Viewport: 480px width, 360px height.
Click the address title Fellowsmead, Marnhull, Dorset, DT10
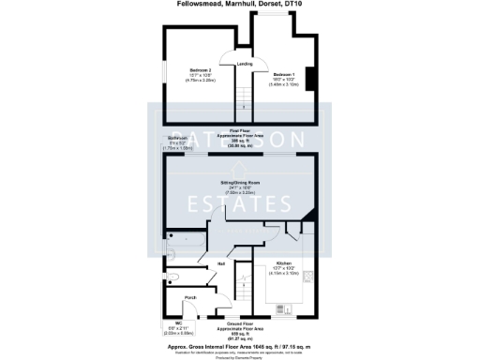pyautogui.click(x=239, y=4)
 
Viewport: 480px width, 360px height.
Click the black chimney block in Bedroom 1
pyautogui.click(x=309, y=82)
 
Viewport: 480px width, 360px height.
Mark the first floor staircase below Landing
pyautogui.click(x=243, y=95)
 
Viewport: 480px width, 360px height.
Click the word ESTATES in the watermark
pyautogui.click(x=239, y=203)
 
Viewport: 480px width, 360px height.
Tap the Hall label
pyautogui.click(x=221, y=264)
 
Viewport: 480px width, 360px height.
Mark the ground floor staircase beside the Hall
pyautogui.click(x=243, y=281)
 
